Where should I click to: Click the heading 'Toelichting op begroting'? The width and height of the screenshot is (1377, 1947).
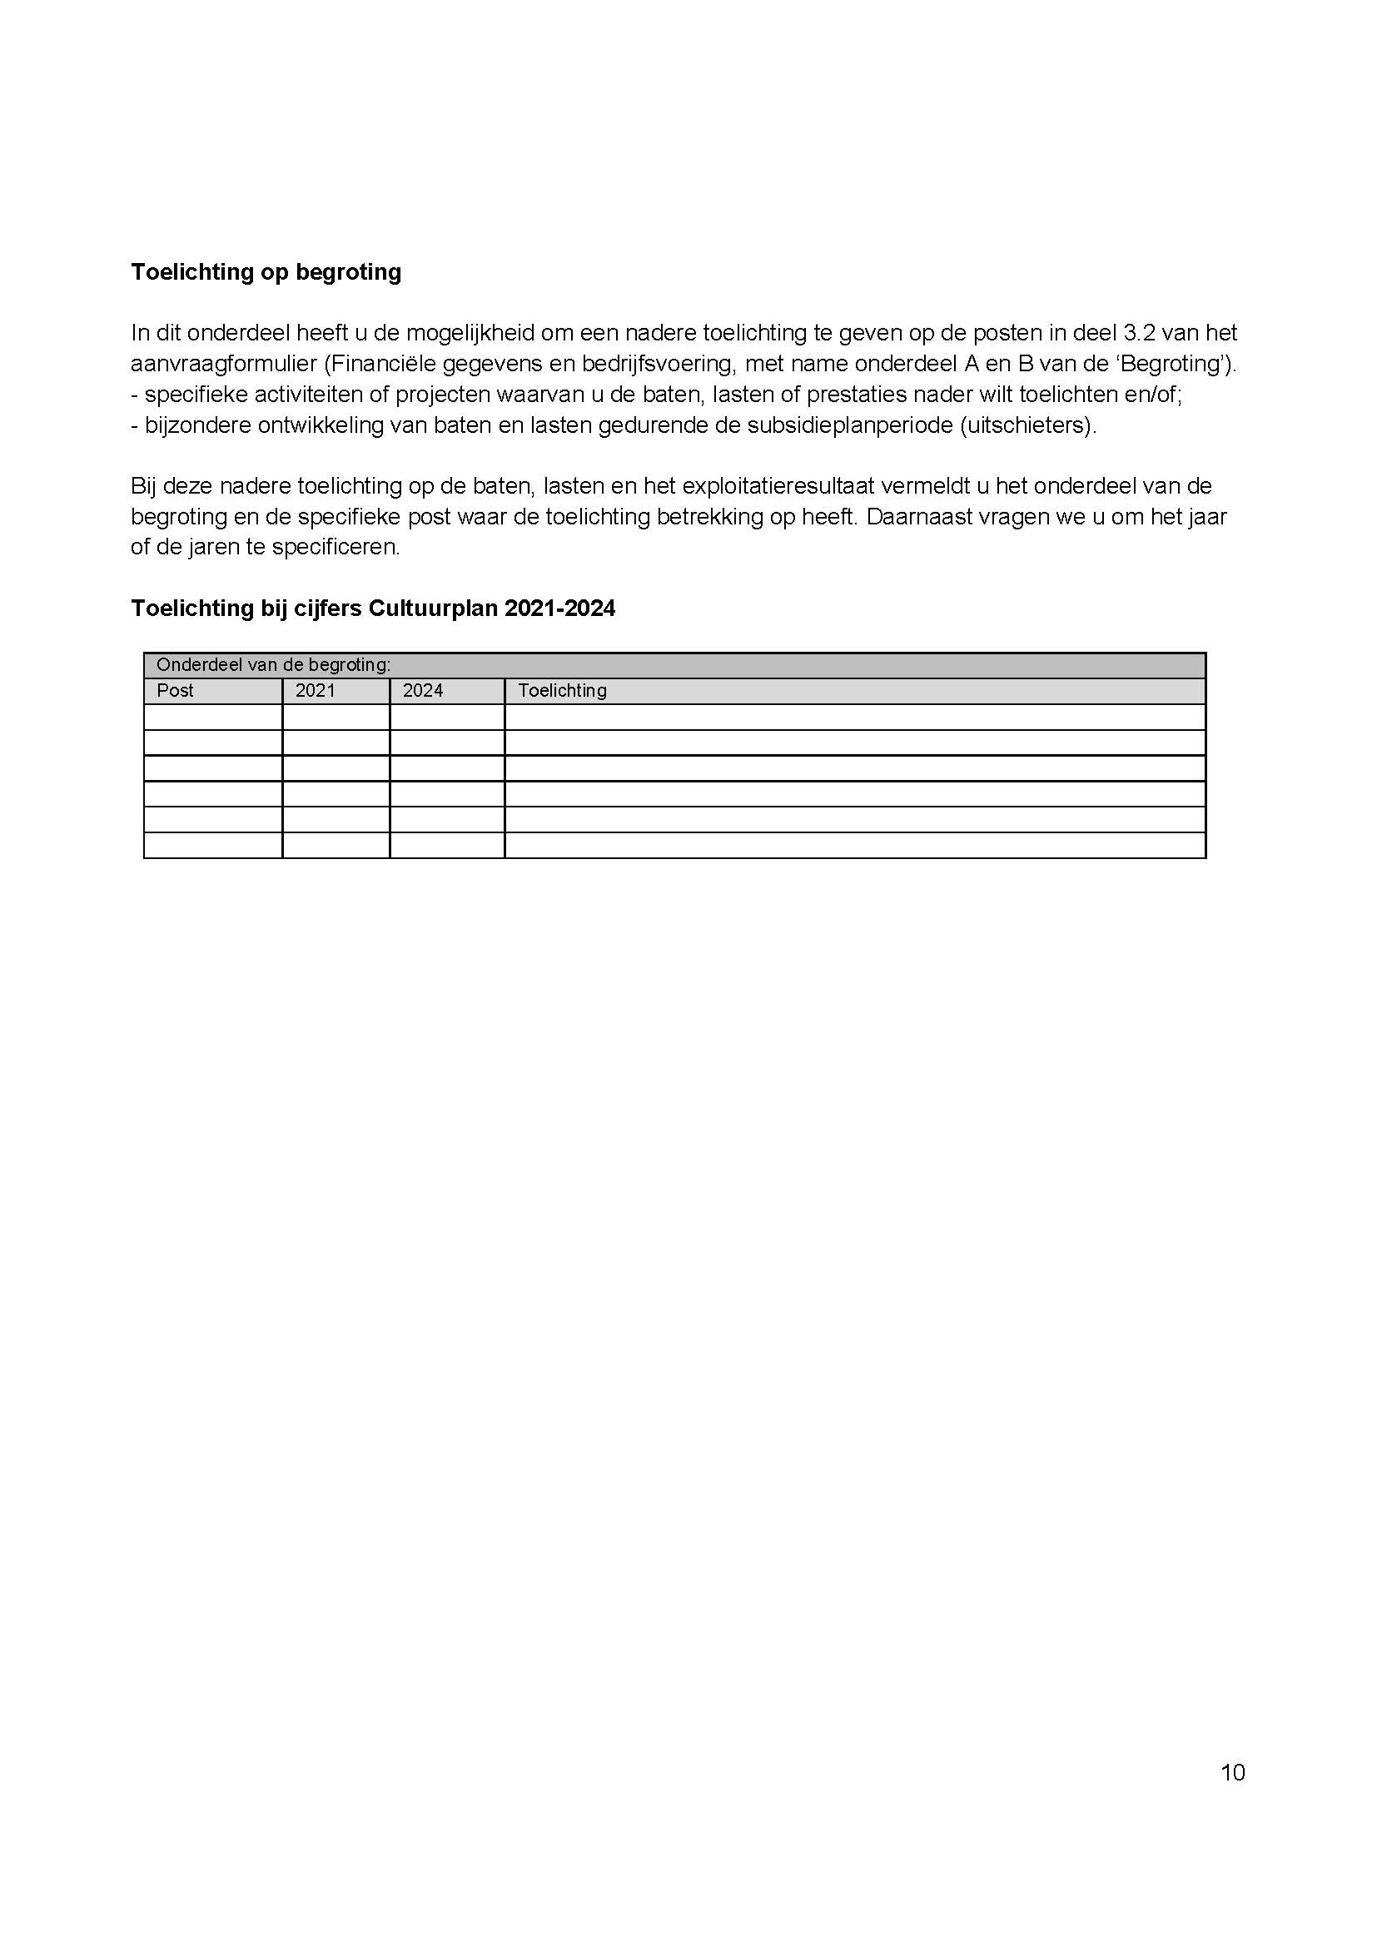[266, 272]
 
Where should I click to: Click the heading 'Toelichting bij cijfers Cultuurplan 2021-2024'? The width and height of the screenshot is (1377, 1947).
[372, 608]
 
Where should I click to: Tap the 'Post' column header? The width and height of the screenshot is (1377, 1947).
[176, 690]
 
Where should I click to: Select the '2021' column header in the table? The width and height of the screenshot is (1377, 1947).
[316, 690]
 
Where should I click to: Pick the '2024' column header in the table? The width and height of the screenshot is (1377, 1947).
[423, 690]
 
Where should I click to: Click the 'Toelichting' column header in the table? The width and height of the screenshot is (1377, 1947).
[562, 690]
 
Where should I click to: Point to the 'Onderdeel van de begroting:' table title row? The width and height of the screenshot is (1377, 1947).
[273, 665]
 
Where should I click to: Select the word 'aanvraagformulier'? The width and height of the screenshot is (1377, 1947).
[224, 364]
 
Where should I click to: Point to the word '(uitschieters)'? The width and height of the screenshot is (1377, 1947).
[1027, 425]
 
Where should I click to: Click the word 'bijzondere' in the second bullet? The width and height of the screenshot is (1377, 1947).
[197, 425]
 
